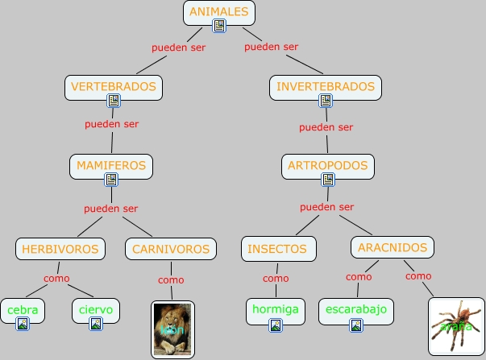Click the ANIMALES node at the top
219,11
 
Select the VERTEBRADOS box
114,86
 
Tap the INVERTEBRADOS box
325,86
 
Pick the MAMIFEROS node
111,166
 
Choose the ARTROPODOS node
326,166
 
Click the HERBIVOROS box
60,249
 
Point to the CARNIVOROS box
171,249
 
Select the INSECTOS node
276,249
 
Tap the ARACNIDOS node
393,246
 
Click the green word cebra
23,309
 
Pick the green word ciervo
96,309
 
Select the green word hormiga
276,309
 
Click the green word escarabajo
355,309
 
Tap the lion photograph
173,329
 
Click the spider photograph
456,326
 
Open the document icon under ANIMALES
219,27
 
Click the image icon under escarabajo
355,325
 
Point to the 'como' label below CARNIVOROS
171,280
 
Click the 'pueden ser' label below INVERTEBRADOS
326,127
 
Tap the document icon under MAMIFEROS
111,180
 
